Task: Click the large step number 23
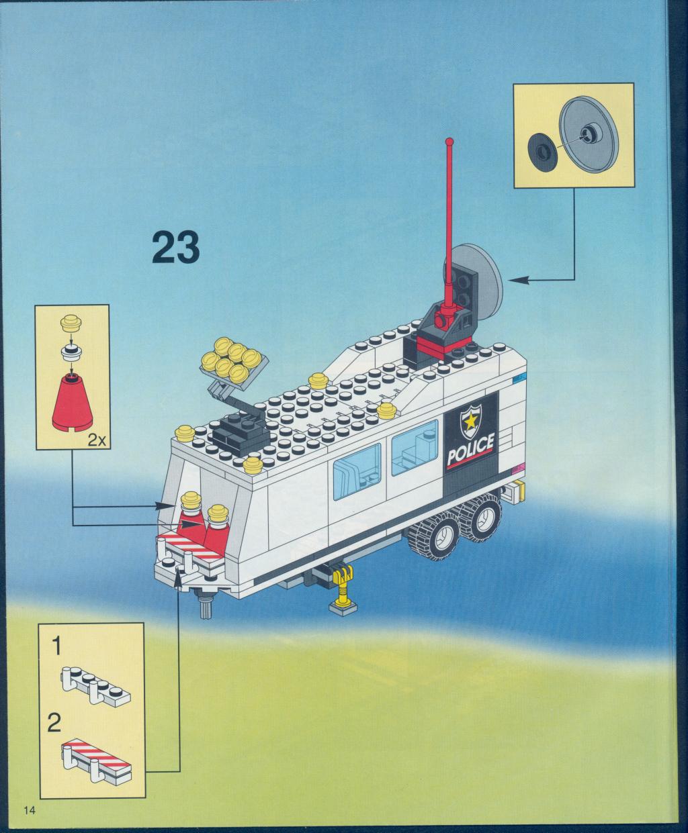175,247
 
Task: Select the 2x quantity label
97,440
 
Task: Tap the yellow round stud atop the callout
71,321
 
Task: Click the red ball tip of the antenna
449,141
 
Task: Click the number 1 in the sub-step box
56,646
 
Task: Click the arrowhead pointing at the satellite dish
518,280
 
